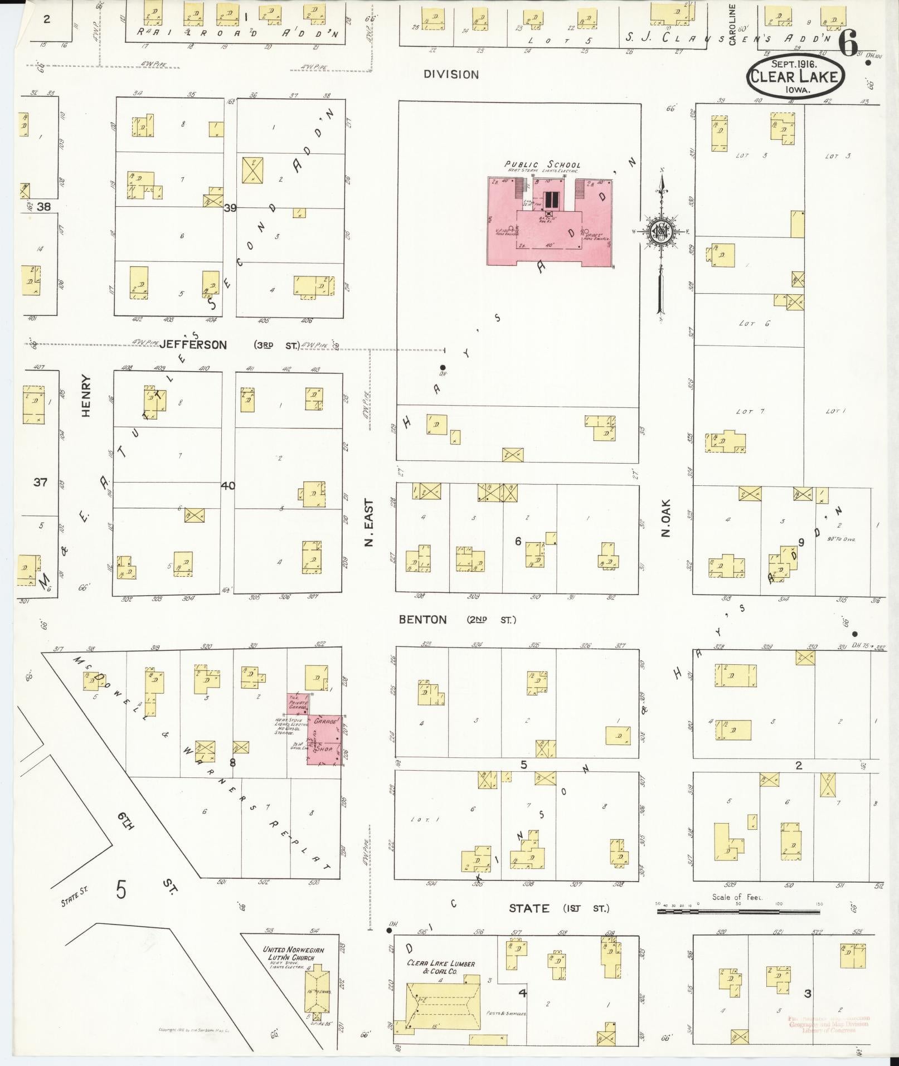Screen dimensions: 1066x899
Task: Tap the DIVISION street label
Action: tap(451, 75)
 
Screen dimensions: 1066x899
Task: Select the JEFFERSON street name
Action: tap(193, 345)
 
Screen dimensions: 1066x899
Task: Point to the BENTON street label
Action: tap(422, 619)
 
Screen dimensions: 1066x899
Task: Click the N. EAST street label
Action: tap(368, 522)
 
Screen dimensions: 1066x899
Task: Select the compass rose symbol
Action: tap(660, 232)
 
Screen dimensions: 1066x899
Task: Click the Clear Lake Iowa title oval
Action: tap(795, 76)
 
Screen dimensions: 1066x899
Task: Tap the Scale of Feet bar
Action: tap(738, 911)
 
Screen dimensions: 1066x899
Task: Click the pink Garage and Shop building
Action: tap(325, 739)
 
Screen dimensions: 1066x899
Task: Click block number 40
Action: tap(228, 485)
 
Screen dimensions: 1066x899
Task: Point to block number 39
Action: tap(230, 208)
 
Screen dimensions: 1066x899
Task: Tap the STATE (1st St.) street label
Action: tap(558, 908)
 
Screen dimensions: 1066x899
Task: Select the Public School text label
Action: tap(542, 164)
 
